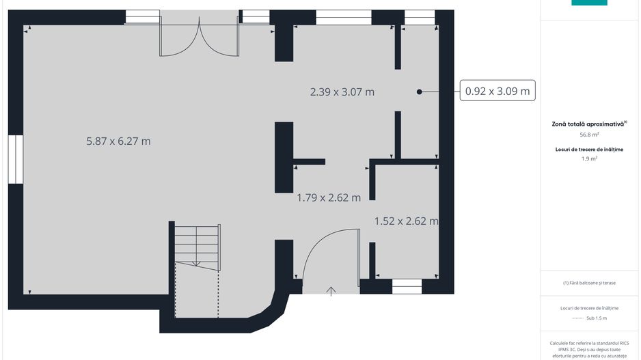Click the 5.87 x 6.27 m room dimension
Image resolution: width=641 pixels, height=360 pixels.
click(x=118, y=141)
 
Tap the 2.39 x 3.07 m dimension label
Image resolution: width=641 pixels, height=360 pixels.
click(x=342, y=92)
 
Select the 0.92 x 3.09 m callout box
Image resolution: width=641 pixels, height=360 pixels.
click(x=497, y=91)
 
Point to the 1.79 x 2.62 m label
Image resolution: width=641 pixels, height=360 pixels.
click(x=329, y=198)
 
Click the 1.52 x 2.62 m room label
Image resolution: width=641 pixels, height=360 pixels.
click(x=407, y=221)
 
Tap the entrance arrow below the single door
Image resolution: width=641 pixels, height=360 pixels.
click(x=331, y=291)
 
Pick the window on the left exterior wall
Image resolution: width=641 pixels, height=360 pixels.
click(x=16, y=159)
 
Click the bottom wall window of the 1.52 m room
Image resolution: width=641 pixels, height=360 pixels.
click(x=407, y=286)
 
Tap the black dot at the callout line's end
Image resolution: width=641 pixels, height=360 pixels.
click(x=419, y=92)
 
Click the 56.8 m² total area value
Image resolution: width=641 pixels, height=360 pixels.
click(x=589, y=135)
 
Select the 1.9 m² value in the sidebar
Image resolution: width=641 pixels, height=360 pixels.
click(x=589, y=158)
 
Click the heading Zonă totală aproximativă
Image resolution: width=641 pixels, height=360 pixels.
click(x=588, y=124)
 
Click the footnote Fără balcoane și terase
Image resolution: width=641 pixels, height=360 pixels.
click(x=589, y=283)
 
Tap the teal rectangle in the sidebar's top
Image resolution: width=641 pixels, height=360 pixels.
click(x=589, y=3)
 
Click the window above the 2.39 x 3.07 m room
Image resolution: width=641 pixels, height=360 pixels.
click(x=343, y=18)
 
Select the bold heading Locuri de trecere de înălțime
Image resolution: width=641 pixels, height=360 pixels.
click(x=589, y=150)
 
